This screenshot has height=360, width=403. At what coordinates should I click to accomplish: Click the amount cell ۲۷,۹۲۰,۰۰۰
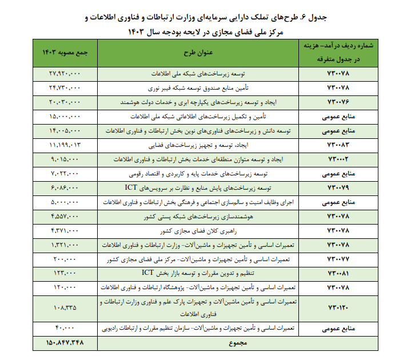click(x=64, y=74)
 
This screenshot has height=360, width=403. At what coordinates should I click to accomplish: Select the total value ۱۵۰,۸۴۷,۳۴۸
click(x=64, y=343)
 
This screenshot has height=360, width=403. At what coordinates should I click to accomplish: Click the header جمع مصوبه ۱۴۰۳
click(x=65, y=53)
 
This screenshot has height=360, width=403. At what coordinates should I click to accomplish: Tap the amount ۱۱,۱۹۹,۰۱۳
click(x=64, y=145)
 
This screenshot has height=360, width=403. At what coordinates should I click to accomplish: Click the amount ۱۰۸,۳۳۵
click(x=64, y=309)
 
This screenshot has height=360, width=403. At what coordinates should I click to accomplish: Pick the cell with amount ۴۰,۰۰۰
click(x=64, y=330)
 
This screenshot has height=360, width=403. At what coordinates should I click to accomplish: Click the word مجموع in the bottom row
click(x=234, y=343)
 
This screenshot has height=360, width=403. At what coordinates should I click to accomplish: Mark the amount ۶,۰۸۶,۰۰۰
click(x=64, y=187)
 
